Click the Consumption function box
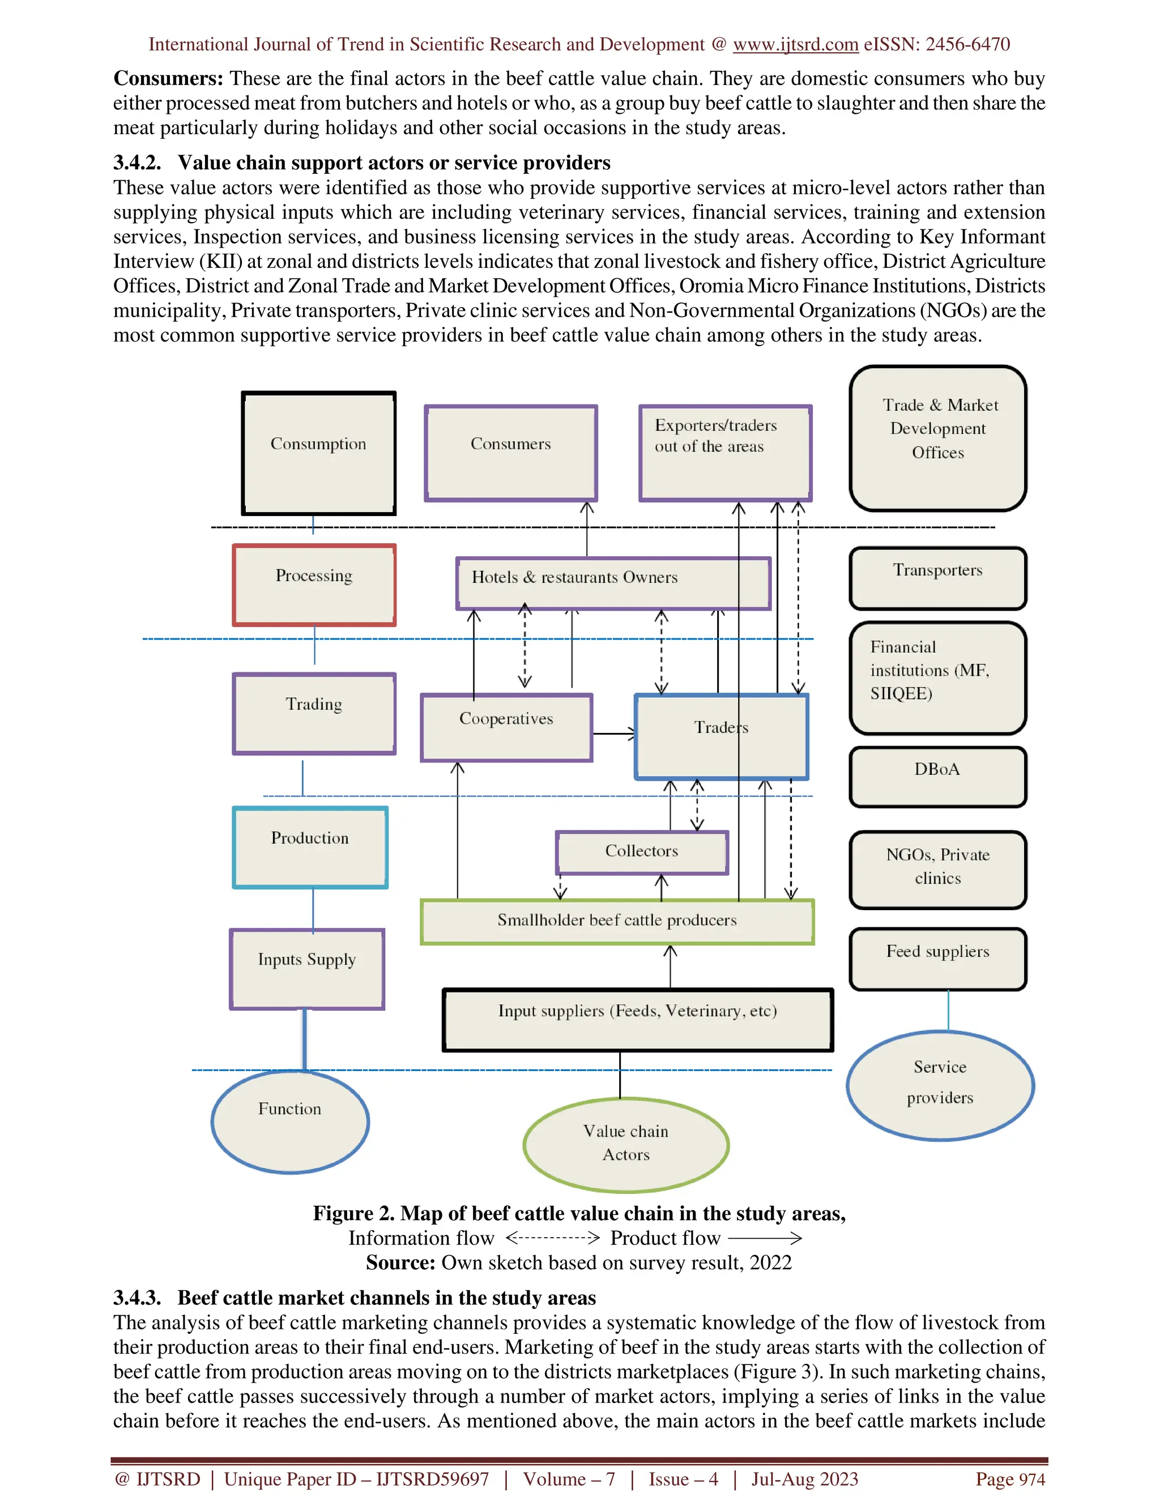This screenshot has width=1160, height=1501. pyautogui.click(x=318, y=453)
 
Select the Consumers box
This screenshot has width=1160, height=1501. pyautogui.click(x=510, y=453)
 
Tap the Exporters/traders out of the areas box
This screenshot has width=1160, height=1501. pyautogui.click(x=725, y=453)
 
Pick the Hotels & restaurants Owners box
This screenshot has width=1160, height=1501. pyautogui.click(x=613, y=583)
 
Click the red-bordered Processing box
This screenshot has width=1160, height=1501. pyautogui.click(x=314, y=585)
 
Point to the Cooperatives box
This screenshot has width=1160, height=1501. pyautogui.click(x=506, y=727)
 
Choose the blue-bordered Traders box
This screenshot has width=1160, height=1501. pyautogui.click(x=721, y=736)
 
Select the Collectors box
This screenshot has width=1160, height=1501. pyautogui.click(x=641, y=852)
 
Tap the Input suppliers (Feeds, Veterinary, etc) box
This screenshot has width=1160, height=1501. pyautogui.click(x=638, y=1019)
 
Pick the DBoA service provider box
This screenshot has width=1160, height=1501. pyautogui.click(x=937, y=777)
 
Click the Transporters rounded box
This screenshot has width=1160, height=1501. pyautogui.click(x=937, y=578)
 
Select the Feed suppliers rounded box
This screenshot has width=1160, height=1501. pyautogui.click(x=937, y=959)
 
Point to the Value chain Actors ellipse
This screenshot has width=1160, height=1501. pyautogui.click(x=625, y=1144)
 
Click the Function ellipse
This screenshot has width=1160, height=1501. pyautogui.click(x=290, y=1122)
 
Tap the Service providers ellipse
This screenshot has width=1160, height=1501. pyautogui.click(x=940, y=1085)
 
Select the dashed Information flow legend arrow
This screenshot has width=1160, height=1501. pyautogui.click(x=552, y=1238)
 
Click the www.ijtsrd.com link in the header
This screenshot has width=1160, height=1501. pyautogui.click(x=795, y=45)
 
